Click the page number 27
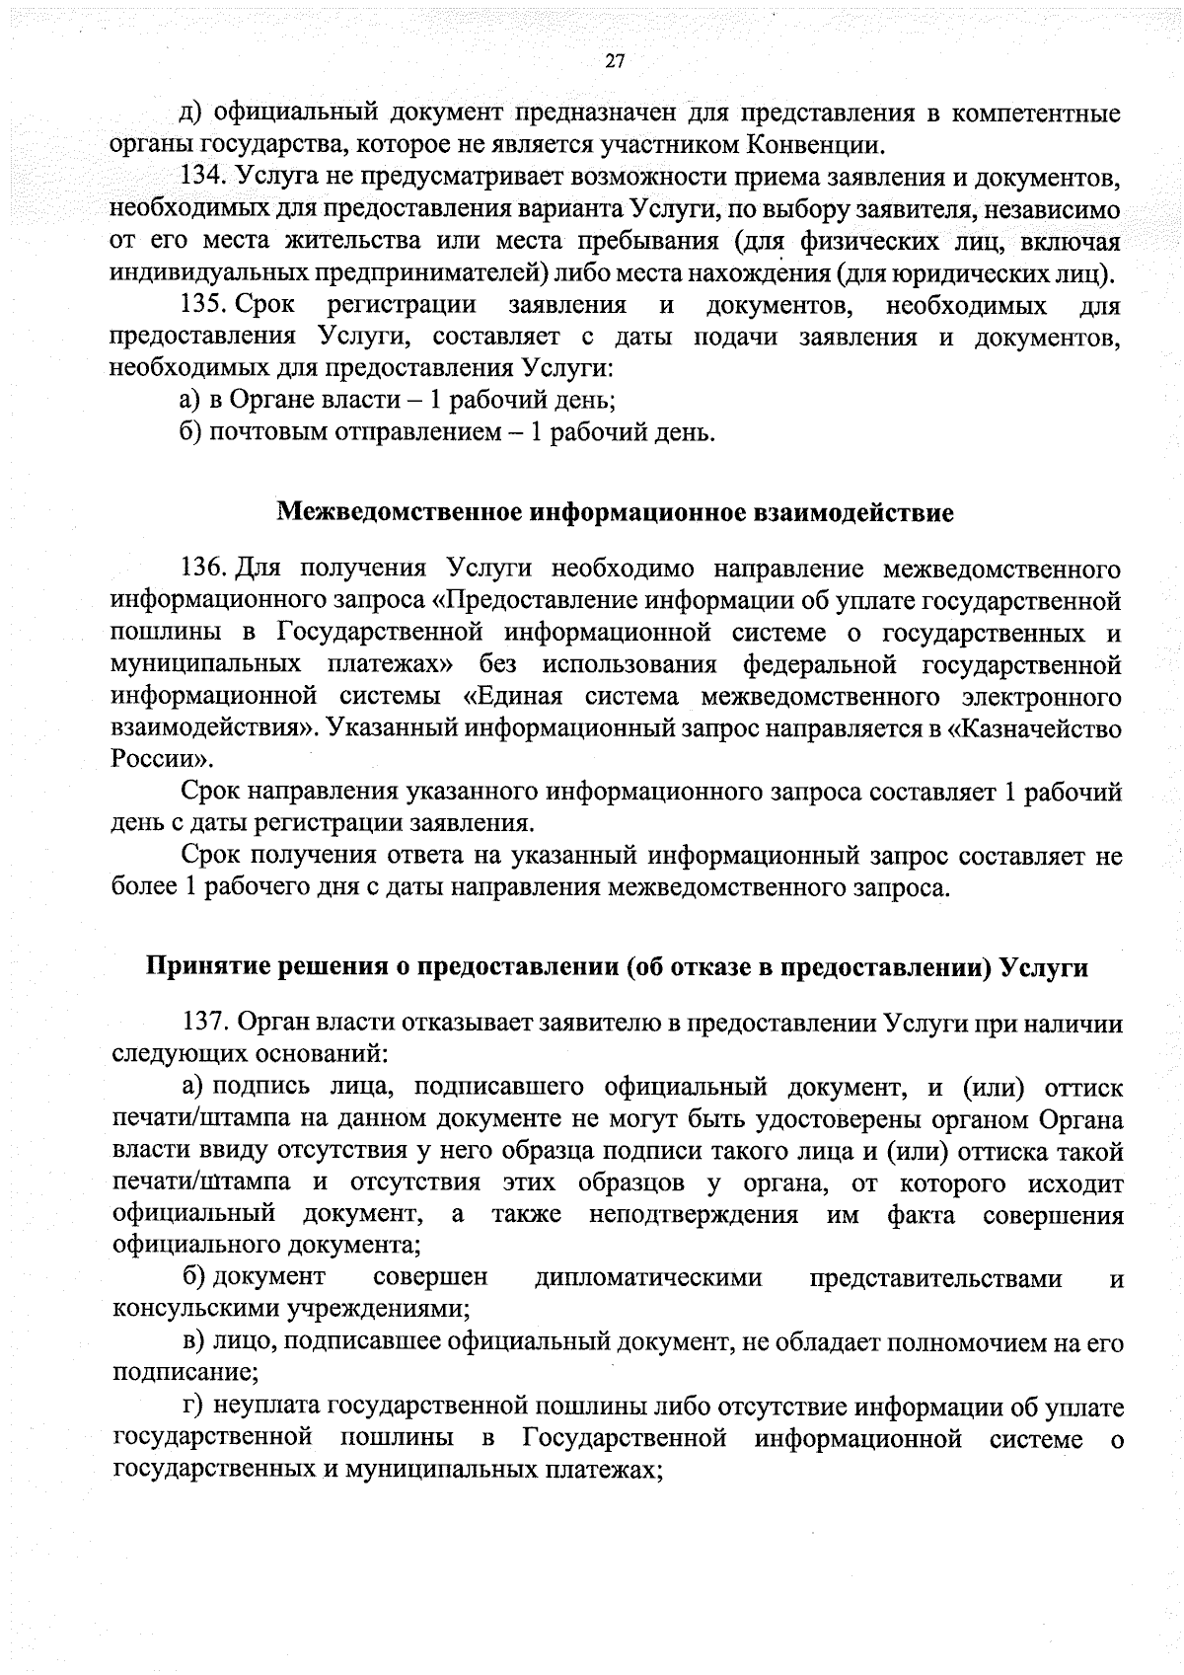[x=614, y=61]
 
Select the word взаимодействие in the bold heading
[x=853, y=513]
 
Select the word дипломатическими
[x=648, y=1278]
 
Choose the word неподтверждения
[x=694, y=1215]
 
